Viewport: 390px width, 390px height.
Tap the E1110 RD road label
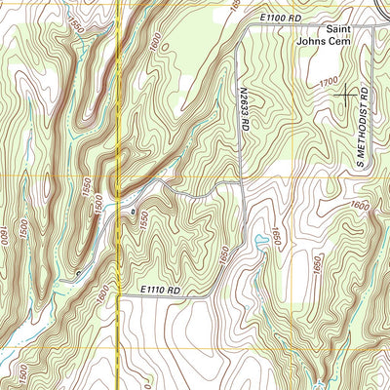tap(160, 290)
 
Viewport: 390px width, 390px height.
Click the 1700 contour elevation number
tap(329, 84)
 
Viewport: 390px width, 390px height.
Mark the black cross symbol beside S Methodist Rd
tap(346, 95)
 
